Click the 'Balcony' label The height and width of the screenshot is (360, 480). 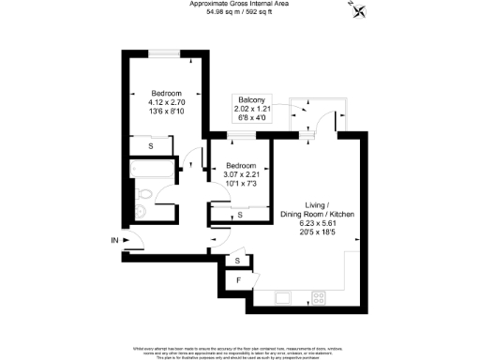point(250,100)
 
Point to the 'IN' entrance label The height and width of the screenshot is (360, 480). point(115,242)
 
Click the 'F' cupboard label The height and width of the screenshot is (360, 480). point(239,278)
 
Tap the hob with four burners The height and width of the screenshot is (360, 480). point(319,298)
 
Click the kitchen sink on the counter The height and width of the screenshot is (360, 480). point(281,298)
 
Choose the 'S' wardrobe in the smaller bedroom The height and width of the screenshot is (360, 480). point(240,215)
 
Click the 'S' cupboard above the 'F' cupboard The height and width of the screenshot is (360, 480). point(238,260)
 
